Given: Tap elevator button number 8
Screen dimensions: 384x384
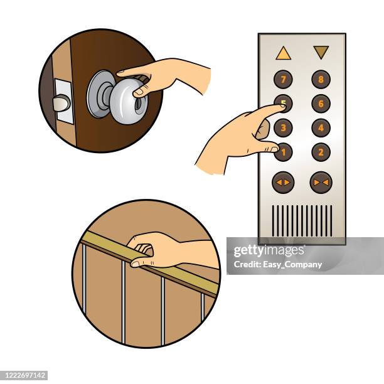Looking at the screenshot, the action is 321,79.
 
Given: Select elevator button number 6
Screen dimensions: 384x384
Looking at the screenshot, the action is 321,104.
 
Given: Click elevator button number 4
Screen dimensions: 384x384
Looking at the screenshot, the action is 321,127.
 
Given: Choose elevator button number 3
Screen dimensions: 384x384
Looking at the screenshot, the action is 283,127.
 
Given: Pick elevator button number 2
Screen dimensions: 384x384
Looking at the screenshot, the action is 321,152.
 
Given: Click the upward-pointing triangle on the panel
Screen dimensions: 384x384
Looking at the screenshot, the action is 283,53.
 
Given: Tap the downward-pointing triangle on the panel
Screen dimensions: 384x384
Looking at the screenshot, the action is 321,52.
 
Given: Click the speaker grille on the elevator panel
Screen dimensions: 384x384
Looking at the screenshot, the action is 302,221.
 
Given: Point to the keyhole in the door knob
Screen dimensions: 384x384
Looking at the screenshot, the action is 139,106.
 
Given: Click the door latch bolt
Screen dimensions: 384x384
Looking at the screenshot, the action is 61,103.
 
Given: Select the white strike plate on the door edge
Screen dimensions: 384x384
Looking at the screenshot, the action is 63,101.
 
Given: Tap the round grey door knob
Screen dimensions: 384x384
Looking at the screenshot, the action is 128,101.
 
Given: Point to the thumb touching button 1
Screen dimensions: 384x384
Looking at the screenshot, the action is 273,148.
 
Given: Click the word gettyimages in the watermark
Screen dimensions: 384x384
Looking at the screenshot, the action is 269,250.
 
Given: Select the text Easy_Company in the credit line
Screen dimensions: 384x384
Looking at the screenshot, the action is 292,265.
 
